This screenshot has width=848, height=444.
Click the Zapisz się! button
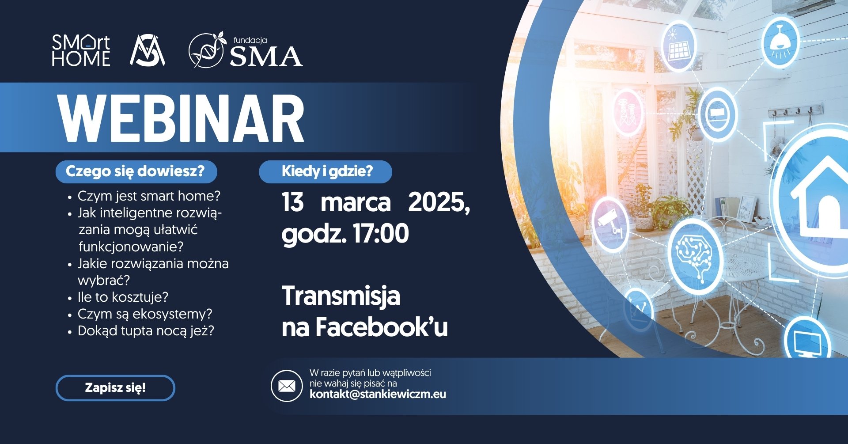(115, 388)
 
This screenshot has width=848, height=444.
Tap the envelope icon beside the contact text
(287, 386)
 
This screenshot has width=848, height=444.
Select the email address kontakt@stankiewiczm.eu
(378, 394)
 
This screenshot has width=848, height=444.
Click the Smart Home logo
(81, 50)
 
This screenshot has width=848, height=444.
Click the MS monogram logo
(148, 50)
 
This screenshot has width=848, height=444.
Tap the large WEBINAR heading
(181, 118)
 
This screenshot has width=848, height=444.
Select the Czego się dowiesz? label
(136, 171)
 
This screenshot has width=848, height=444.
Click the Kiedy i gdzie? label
(327, 171)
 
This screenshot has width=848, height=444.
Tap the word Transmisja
(341, 296)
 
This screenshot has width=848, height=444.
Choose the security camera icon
(610, 224)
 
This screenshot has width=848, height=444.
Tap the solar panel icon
(678, 46)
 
